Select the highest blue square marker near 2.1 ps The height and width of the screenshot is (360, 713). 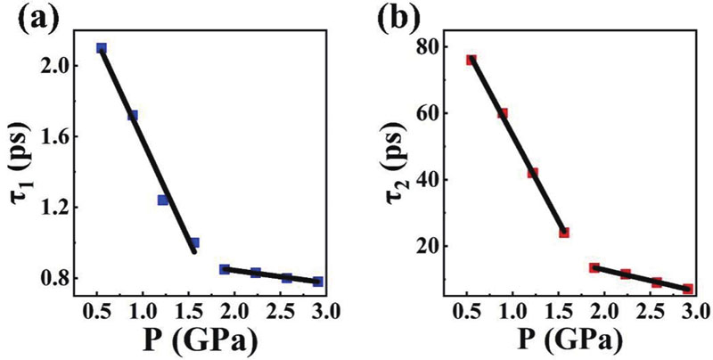[x=102, y=48]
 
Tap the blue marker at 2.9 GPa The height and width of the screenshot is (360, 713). [x=318, y=282]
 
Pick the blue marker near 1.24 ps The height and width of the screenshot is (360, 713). [x=163, y=200]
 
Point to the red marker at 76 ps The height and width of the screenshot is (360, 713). [x=471, y=60]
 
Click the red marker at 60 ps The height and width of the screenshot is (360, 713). [x=503, y=113]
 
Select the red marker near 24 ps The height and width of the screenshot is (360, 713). [x=564, y=233]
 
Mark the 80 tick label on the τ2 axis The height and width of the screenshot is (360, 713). [x=436, y=46]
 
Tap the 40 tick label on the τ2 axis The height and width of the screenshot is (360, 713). [x=436, y=179]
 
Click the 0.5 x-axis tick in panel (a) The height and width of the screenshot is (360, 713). [x=100, y=314]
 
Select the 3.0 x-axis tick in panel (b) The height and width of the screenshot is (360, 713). [x=694, y=314]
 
